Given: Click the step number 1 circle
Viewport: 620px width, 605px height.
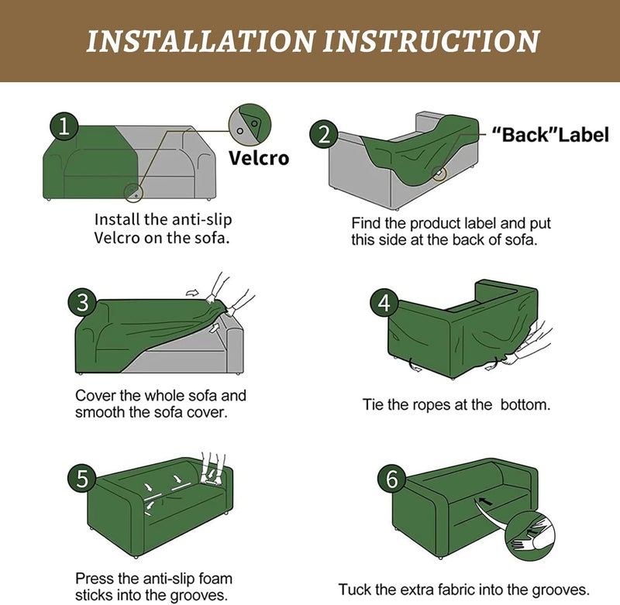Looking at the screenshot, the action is tap(64, 126).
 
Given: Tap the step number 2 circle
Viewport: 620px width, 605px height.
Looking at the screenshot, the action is tap(324, 134).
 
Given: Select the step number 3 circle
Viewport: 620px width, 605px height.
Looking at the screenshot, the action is tap(82, 303).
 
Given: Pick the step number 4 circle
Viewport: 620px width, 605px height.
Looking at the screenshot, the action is tap(384, 303).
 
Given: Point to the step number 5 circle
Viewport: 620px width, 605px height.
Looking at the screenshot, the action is tap(82, 479).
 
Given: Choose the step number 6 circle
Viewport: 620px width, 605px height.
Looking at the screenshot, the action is tap(392, 479).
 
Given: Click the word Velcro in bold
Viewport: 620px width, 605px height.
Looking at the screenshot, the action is tap(259, 158).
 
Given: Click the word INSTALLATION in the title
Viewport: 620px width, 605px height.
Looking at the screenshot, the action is tap(201, 41).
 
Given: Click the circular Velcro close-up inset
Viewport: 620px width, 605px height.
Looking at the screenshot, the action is tap(250, 125).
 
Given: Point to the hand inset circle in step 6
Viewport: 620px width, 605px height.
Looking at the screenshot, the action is tap(530, 536).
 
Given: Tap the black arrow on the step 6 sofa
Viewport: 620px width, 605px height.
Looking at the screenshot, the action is tap(486, 501).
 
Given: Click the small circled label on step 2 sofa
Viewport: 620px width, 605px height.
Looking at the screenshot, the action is tap(439, 173).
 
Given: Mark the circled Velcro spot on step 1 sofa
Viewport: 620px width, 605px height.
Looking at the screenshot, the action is tap(133, 193).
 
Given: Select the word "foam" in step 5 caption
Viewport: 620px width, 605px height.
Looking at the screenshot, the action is tap(215, 579).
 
